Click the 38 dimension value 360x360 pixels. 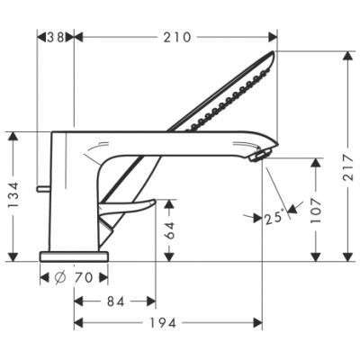[x=56, y=37]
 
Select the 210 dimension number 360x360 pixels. [x=177, y=38]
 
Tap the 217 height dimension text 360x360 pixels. [x=348, y=167]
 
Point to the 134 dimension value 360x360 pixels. [x=13, y=195]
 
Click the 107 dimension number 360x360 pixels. [x=316, y=210]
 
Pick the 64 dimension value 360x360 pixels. [x=170, y=230]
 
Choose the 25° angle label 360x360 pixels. [x=274, y=218]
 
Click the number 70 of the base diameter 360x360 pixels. [x=84, y=277]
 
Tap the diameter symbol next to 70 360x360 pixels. [x=60, y=277]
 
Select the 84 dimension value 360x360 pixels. [x=115, y=301]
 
